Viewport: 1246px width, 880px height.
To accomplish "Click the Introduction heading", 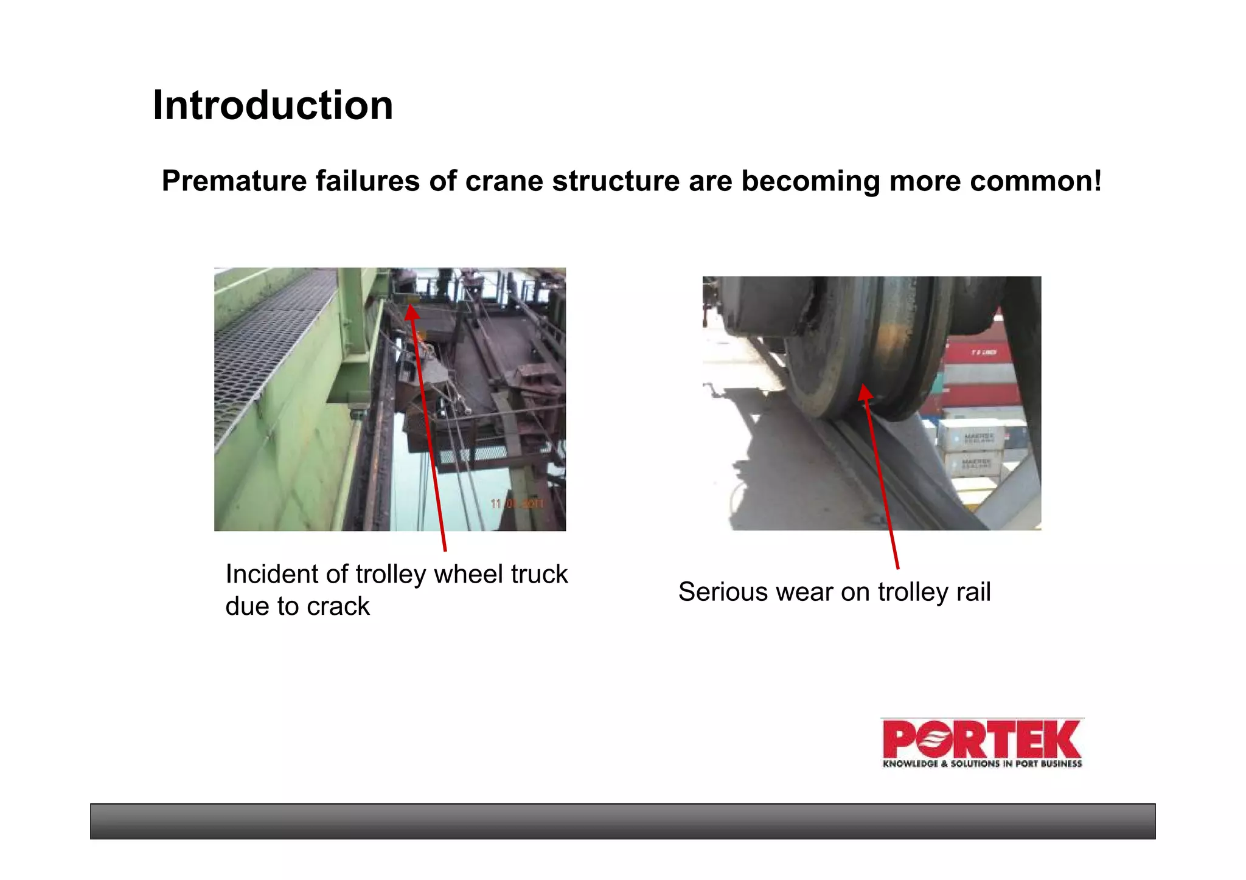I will [x=273, y=105].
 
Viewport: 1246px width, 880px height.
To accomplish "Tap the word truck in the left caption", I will [x=538, y=574].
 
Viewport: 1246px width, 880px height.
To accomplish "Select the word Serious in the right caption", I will [x=714, y=592].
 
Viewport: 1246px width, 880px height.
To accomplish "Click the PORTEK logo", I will [x=981, y=738].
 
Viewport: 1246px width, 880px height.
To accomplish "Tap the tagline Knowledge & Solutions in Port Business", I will [x=982, y=764].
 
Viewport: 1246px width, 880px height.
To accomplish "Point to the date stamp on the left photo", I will [x=517, y=504].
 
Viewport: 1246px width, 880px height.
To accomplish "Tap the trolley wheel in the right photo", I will [x=864, y=347].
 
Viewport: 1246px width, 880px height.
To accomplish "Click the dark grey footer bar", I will [x=622, y=821].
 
